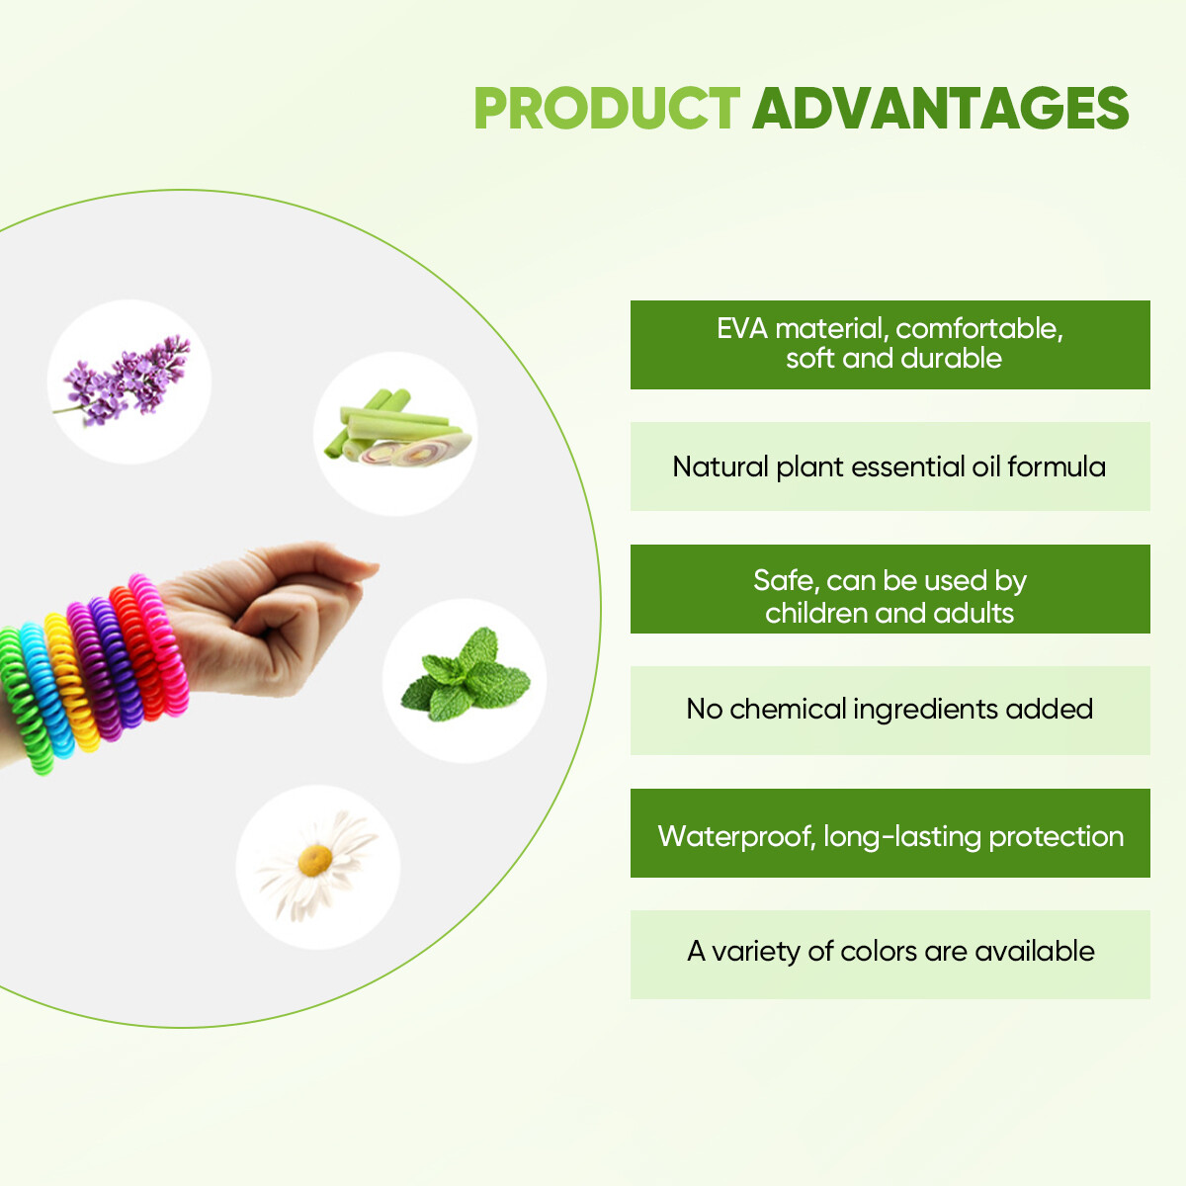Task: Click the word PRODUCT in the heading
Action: pyautogui.click(x=606, y=109)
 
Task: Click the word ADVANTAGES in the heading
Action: pyautogui.click(x=941, y=109)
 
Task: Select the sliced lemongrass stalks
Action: pyautogui.click(x=397, y=427)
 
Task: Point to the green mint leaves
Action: pyautogui.click(x=466, y=675)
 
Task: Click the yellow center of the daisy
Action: pyautogui.click(x=315, y=861)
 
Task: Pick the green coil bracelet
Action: pyautogui.click(x=25, y=701)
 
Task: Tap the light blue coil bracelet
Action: pyautogui.click(x=46, y=689)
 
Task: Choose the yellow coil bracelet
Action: pyautogui.click(x=71, y=682)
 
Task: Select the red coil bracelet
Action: pyautogui.click(x=137, y=652)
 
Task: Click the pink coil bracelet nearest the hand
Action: pyautogui.click(x=159, y=645)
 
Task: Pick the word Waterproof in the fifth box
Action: pyautogui.click(x=736, y=837)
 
